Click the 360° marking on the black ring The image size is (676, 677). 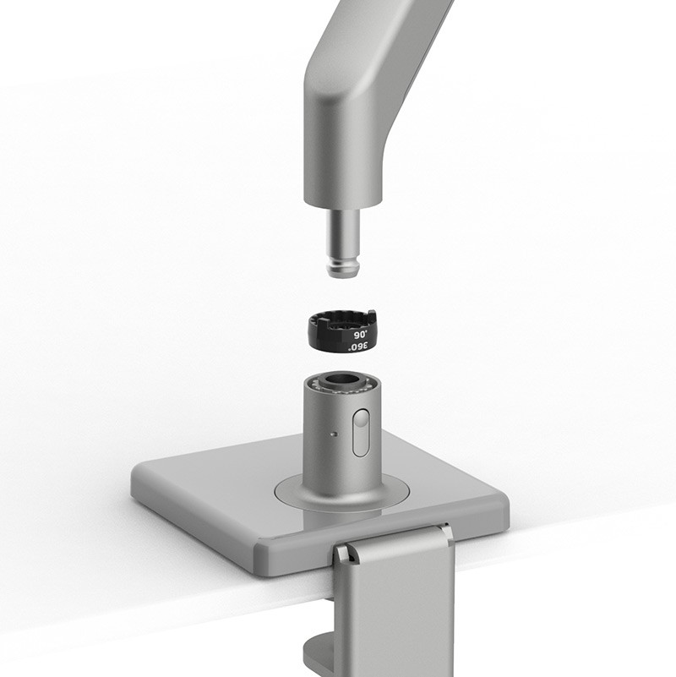[x=359, y=347]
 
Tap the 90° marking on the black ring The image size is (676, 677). [x=360, y=335]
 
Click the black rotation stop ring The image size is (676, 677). [x=343, y=331]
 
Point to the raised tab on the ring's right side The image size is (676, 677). [x=370, y=314]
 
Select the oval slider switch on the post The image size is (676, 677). [x=361, y=433]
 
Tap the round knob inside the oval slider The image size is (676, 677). [x=362, y=419]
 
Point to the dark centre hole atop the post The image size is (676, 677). [x=343, y=381]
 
